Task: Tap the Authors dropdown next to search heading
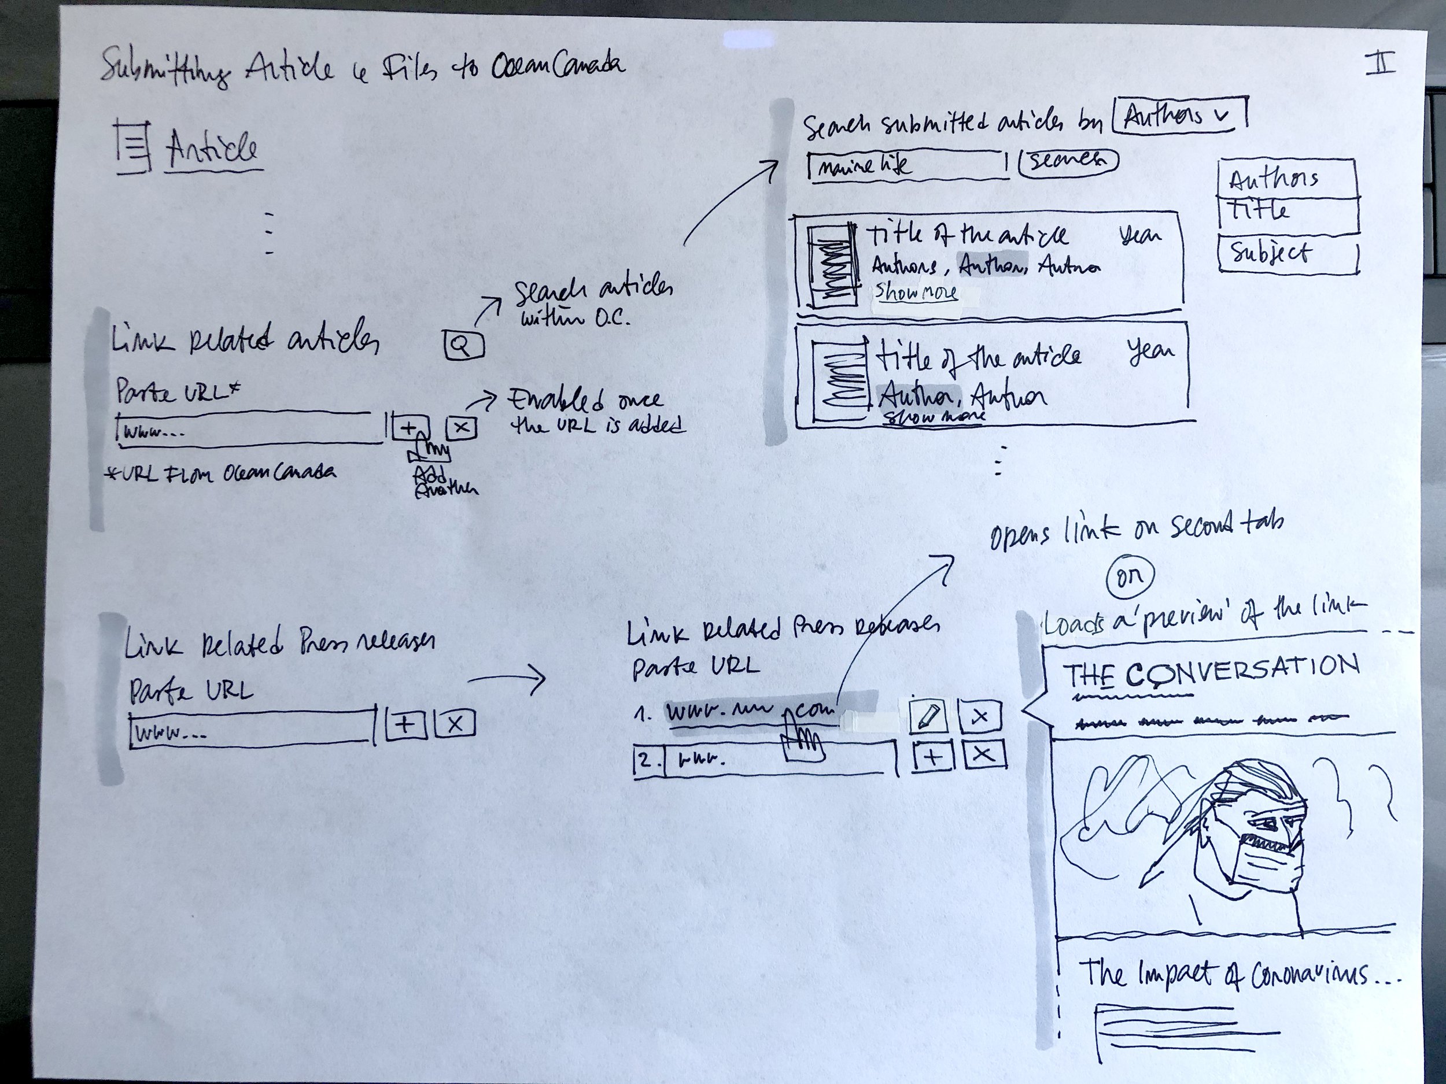[1179, 116]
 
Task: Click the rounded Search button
[1068, 161]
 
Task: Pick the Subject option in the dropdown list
[1286, 254]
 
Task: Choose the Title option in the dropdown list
[1286, 213]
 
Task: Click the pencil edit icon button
[928, 716]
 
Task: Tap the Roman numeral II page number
[1380, 65]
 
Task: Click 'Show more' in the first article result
[916, 292]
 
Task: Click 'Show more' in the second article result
[933, 416]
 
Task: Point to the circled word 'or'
[1130, 576]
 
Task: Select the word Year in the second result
[1150, 352]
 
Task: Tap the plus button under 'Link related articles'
[410, 428]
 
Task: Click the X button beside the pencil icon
[979, 716]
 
